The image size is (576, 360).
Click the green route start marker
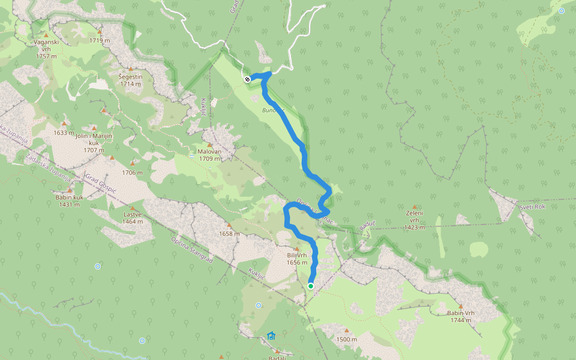pyautogui.click(x=311, y=286)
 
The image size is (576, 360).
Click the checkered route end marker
pyautogui.click(x=247, y=78)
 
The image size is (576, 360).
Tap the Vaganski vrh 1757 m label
pyautogui.click(x=46, y=49)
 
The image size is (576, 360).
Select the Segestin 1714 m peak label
pyautogui.click(x=130, y=80)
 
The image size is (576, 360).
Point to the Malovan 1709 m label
pyautogui.click(x=209, y=155)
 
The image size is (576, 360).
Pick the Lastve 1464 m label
pyautogui.click(x=133, y=218)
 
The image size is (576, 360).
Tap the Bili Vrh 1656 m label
pyautogui.click(x=298, y=259)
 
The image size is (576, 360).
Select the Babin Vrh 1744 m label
pyautogui.click(x=461, y=316)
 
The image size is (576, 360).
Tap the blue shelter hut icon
pyautogui.click(x=271, y=336)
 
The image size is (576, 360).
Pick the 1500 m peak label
pyautogui.click(x=347, y=340)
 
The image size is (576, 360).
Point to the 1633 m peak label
pyautogui.click(x=64, y=133)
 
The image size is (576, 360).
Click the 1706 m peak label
pyautogui.click(x=133, y=172)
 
